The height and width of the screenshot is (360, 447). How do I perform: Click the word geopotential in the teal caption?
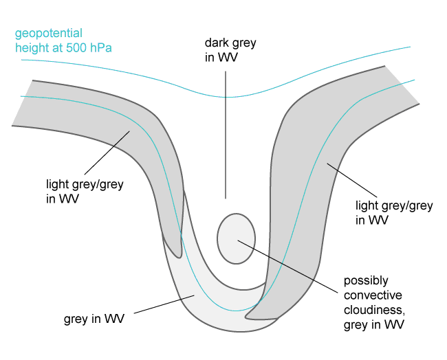tap(48, 33)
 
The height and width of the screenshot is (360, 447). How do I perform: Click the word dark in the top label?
tap(217, 43)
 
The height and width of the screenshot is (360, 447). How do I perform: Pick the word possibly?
tap(365, 280)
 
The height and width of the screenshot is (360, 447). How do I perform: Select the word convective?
tap(370, 295)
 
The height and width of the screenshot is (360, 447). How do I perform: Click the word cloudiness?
tap(373, 311)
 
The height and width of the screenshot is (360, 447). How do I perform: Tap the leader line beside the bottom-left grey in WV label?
tap(165, 306)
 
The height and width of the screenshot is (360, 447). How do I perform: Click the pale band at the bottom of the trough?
tap(206, 302)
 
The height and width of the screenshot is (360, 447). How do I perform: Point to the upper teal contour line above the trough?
tap(227, 97)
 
